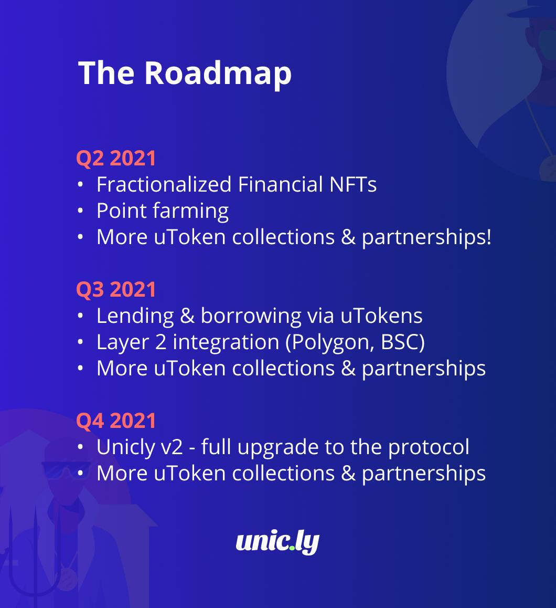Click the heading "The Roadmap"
185,72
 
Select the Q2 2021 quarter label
116,159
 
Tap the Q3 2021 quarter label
116,290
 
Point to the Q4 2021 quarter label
116,421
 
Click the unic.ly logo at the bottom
277,542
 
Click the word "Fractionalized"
164,185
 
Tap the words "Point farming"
163,211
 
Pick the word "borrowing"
251,316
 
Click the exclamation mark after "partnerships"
488,237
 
